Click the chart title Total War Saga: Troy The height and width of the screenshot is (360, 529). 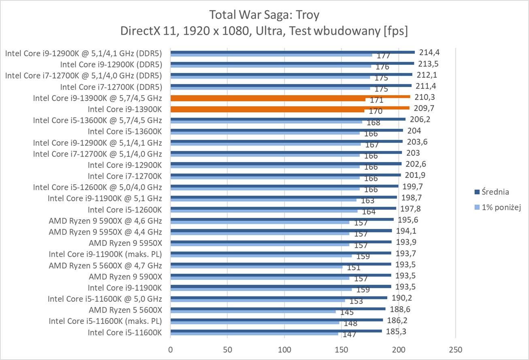coord(264,15)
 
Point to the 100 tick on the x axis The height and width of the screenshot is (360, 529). coord(285,349)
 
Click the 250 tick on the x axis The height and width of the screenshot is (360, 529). coord(455,349)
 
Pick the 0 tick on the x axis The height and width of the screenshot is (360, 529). coord(171,349)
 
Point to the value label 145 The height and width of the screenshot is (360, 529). coord(347,312)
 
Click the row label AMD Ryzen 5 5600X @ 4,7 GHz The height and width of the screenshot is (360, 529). coord(105,266)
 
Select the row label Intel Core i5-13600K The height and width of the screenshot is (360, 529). coord(125,131)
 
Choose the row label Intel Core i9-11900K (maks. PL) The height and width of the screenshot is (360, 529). coord(105,254)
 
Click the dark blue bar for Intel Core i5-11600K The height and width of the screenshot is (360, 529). coord(276,331)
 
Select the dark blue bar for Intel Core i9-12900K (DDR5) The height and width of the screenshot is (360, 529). coord(292,63)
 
